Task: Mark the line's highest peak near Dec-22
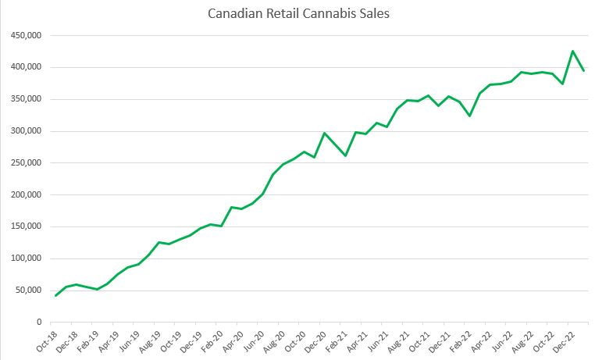coord(573,52)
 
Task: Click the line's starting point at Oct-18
coord(55,295)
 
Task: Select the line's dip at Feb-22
coord(469,116)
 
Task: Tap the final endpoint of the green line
coord(584,70)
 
